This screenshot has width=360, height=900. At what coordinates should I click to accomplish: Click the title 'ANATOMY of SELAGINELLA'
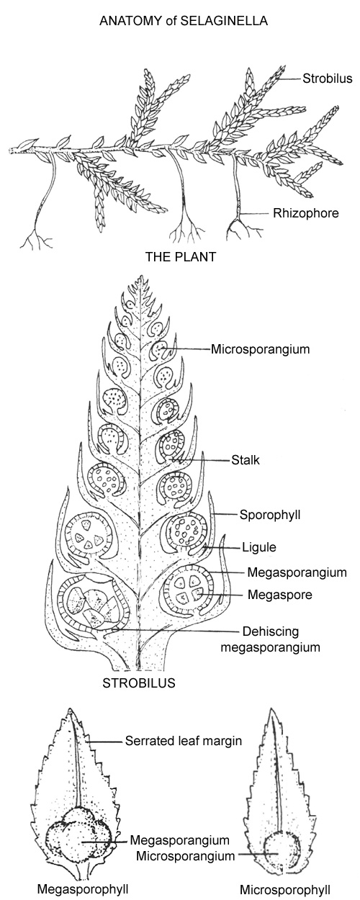point(183,21)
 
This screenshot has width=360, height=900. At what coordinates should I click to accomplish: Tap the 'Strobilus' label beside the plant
point(327,78)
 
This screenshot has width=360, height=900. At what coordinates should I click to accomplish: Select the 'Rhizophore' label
point(306,213)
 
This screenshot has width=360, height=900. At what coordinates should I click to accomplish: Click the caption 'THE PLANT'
point(181,257)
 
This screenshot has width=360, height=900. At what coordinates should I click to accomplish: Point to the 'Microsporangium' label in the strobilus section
point(261,349)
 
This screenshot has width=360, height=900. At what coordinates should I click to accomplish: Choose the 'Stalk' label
point(246,460)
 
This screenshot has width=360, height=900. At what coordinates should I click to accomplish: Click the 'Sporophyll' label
point(270,515)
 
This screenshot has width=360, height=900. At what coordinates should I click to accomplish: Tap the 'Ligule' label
point(259,547)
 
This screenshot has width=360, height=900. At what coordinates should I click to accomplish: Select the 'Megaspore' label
point(279,595)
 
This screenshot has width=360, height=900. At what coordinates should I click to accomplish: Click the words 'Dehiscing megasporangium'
point(271,639)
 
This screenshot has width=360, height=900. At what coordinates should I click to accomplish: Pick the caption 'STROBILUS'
point(139,683)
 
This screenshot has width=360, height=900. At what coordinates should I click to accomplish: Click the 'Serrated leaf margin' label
point(184,741)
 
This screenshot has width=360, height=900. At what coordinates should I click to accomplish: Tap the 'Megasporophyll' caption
point(83,888)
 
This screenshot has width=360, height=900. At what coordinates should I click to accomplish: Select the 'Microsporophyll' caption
point(285,889)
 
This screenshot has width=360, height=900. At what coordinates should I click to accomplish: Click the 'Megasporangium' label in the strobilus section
point(297,572)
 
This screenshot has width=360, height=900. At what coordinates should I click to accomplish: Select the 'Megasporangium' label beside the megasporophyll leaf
point(179,840)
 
